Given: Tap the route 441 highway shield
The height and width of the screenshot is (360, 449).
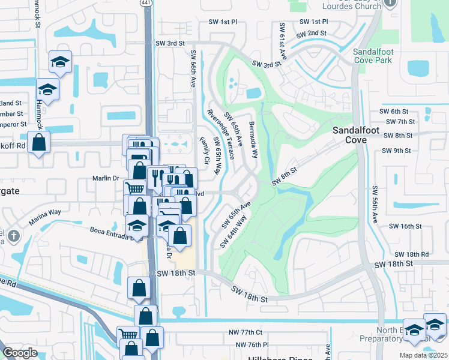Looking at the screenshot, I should (x=146, y=3).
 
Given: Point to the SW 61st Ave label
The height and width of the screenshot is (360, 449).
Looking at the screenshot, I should (x=282, y=39).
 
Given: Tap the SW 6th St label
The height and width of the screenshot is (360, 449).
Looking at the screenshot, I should (x=394, y=112).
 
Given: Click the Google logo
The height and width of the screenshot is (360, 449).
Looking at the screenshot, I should (x=20, y=353).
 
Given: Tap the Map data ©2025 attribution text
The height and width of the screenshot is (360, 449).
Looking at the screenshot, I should (x=423, y=355).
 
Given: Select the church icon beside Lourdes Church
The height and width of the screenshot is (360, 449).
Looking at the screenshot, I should (x=390, y=3).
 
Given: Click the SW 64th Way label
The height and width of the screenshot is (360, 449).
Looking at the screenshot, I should (x=234, y=232).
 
